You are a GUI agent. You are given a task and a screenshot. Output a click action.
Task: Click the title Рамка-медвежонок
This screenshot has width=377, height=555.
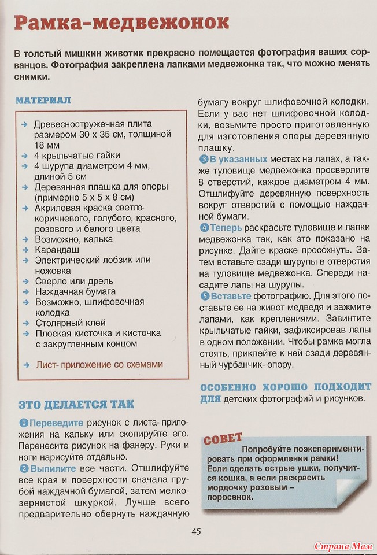[x=121, y=23]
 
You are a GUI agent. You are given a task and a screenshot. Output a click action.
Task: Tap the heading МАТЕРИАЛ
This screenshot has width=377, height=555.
[x=43, y=100]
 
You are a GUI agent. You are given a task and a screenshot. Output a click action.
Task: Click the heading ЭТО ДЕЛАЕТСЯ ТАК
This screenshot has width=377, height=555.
[x=76, y=404]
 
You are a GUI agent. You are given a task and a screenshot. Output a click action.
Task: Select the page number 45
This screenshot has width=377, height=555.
[x=196, y=531]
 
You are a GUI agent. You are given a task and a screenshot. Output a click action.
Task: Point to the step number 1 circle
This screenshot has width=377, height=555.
[x=24, y=423]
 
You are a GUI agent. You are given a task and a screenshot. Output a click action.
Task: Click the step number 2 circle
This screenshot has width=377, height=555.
[x=24, y=468]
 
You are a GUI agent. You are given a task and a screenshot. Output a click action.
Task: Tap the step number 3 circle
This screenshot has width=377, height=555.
[x=204, y=159]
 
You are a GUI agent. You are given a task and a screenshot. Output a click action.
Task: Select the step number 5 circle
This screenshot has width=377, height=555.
[x=204, y=295]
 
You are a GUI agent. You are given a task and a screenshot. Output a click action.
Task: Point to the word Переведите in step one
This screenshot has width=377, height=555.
[x=57, y=423]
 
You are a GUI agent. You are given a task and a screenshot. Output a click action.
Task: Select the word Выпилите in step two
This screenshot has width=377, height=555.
[x=53, y=468]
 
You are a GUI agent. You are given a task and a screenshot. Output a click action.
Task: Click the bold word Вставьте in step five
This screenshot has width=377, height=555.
[x=230, y=295]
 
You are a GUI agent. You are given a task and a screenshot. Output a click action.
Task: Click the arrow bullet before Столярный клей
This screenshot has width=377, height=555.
[x=24, y=323]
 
